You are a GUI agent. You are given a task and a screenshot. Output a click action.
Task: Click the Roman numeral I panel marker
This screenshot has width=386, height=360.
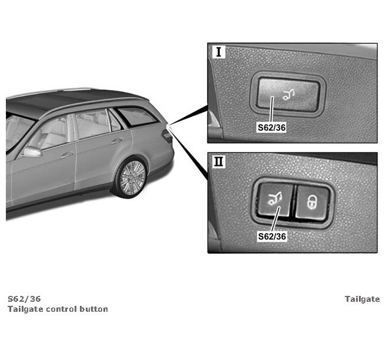pyautogui.click(x=219, y=52)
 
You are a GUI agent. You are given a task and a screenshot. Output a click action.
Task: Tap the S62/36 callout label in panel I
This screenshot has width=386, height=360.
pyautogui.click(x=272, y=127)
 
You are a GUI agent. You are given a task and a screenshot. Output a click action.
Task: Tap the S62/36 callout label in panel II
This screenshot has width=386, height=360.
pyautogui.click(x=272, y=236)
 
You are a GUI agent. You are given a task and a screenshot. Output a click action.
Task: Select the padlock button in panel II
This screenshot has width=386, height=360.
pyautogui.click(x=313, y=202)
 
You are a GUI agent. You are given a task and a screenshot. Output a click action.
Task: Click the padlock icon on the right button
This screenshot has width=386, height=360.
pyautogui.click(x=313, y=202)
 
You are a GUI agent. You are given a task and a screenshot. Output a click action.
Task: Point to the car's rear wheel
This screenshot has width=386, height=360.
pyautogui.click(x=130, y=177)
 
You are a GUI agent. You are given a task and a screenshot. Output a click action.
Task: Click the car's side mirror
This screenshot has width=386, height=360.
pyautogui.click(x=32, y=152)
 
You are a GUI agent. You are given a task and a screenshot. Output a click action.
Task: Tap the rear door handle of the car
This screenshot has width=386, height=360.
pyautogui.click(x=116, y=141)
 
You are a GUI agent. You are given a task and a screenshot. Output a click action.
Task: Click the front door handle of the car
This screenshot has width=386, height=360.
pyautogui.click(x=66, y=155)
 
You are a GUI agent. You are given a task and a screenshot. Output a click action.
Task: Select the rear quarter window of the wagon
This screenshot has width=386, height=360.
pyautogui.click(x=136, y=116)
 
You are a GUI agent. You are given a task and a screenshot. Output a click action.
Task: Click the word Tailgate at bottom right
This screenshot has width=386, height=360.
pyautogui.click(x=362, y=299)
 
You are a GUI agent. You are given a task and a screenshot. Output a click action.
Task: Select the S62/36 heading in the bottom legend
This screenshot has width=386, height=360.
pyautogui.click(x=24, y=299)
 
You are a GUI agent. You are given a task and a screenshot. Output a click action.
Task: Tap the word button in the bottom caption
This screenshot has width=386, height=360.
pyautogui.click(x=95, y=309)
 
